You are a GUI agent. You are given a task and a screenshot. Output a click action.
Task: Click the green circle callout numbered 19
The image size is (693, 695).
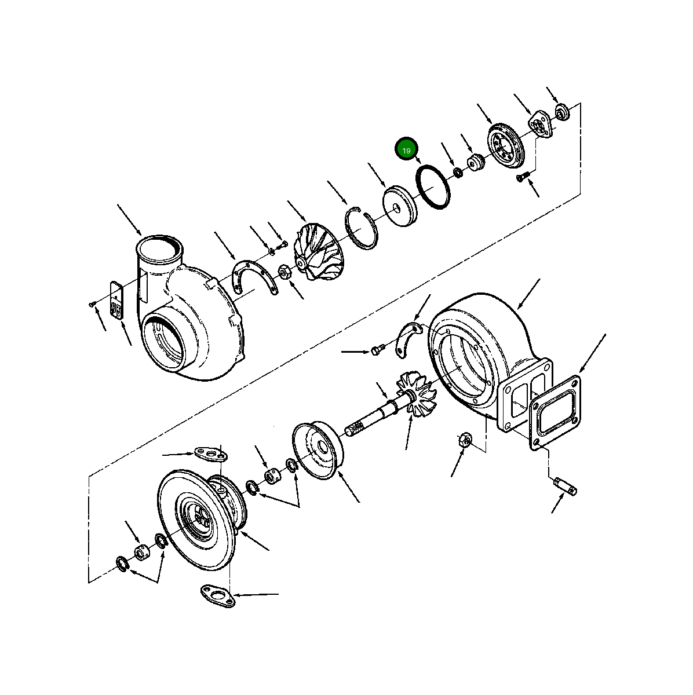pos(406,150)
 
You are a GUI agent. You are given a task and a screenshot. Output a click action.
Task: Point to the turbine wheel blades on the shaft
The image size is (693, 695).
pos(418,394)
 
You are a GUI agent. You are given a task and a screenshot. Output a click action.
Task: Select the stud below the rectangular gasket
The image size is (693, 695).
pos(567,487)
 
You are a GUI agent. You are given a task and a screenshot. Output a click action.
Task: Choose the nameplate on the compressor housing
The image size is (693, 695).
pos(116,301)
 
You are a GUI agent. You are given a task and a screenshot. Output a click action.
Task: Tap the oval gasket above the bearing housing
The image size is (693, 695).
pos(209,453)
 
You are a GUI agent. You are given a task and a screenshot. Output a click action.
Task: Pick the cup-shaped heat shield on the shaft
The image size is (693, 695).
pos(317,449)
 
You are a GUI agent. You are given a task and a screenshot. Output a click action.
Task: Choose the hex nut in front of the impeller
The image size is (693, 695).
pos(285,270)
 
